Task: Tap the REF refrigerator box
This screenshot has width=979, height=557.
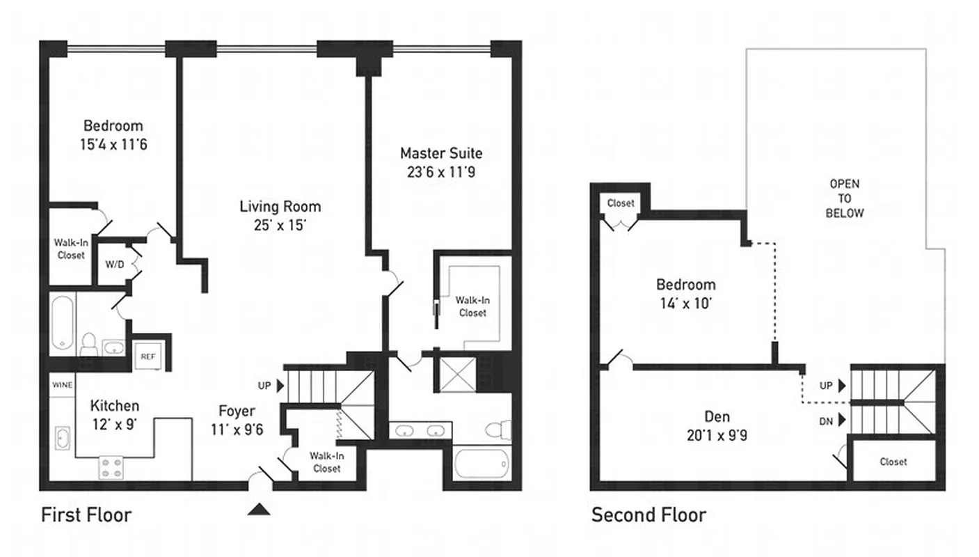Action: point(148,356)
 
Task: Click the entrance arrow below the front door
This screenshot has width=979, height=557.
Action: point(259,510)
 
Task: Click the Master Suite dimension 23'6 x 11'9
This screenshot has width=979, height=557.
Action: point(440,171)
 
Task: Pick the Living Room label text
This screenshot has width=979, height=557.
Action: point(280,206)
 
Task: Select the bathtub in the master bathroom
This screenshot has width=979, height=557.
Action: point(482,464)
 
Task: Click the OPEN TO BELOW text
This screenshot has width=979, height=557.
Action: point(844,198)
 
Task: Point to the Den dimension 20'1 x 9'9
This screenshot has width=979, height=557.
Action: point(717,436)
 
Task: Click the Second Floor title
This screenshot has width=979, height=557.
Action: point(648,515)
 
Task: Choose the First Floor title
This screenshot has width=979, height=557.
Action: point(86,515)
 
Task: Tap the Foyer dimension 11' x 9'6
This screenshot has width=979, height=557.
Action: point(237,430)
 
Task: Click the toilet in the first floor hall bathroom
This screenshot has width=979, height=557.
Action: point(88,344)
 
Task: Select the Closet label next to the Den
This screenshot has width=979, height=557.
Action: point(893,462)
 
